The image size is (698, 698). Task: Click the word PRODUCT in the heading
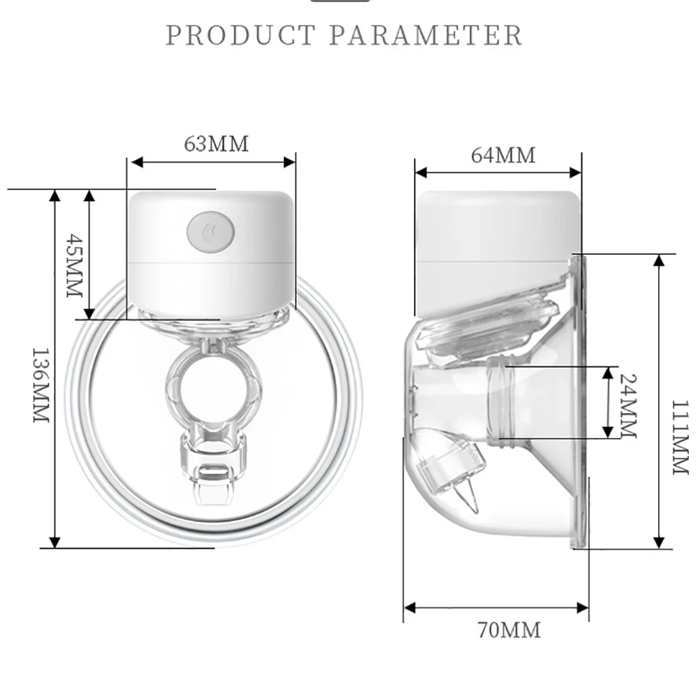pos(241,35)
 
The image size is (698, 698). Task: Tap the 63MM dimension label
pos(216,144)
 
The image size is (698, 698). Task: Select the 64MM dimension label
pos(503,155)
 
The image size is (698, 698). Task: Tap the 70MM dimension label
pos(510,631)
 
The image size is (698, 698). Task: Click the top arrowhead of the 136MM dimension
pos(55,195)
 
